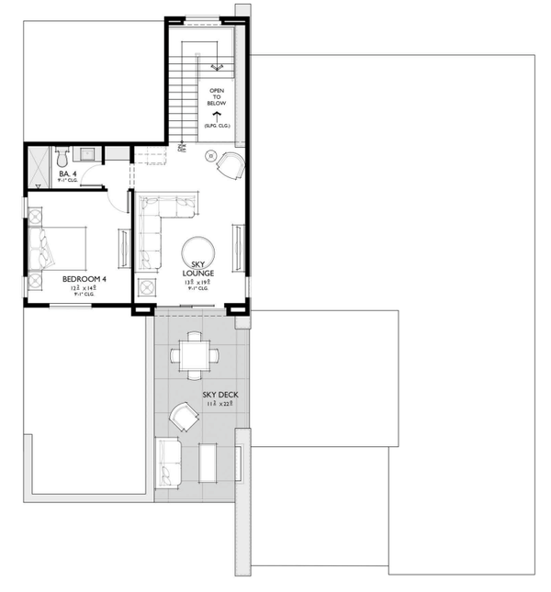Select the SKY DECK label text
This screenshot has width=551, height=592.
tap(220, 395)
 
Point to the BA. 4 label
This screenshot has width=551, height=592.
tap(67, 173)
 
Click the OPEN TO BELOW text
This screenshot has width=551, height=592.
tap(217, 96)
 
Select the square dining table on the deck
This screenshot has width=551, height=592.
tap(194, 353)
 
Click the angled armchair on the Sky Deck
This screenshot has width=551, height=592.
tap(184, 419)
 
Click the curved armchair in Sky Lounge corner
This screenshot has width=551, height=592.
tap(230, 165)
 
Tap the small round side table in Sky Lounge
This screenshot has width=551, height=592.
tap(210, 155)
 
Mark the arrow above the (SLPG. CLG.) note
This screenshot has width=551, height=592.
tap(218, 115)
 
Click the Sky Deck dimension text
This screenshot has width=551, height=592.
tap(220, 405)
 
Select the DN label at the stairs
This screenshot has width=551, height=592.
tap(182, 147)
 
